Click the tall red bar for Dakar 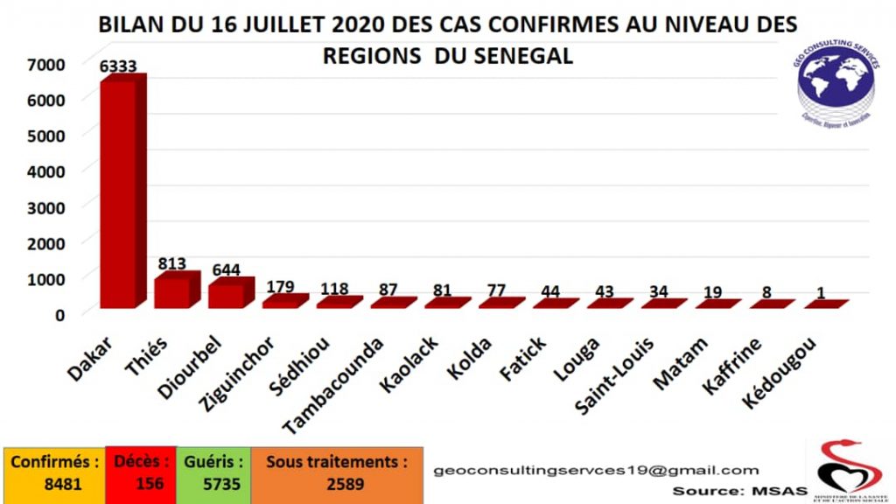[118, 192]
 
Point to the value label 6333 [118, 66]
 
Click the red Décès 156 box [139, 473]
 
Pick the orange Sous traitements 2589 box [337, 473]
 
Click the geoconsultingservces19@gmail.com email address [597, 471]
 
